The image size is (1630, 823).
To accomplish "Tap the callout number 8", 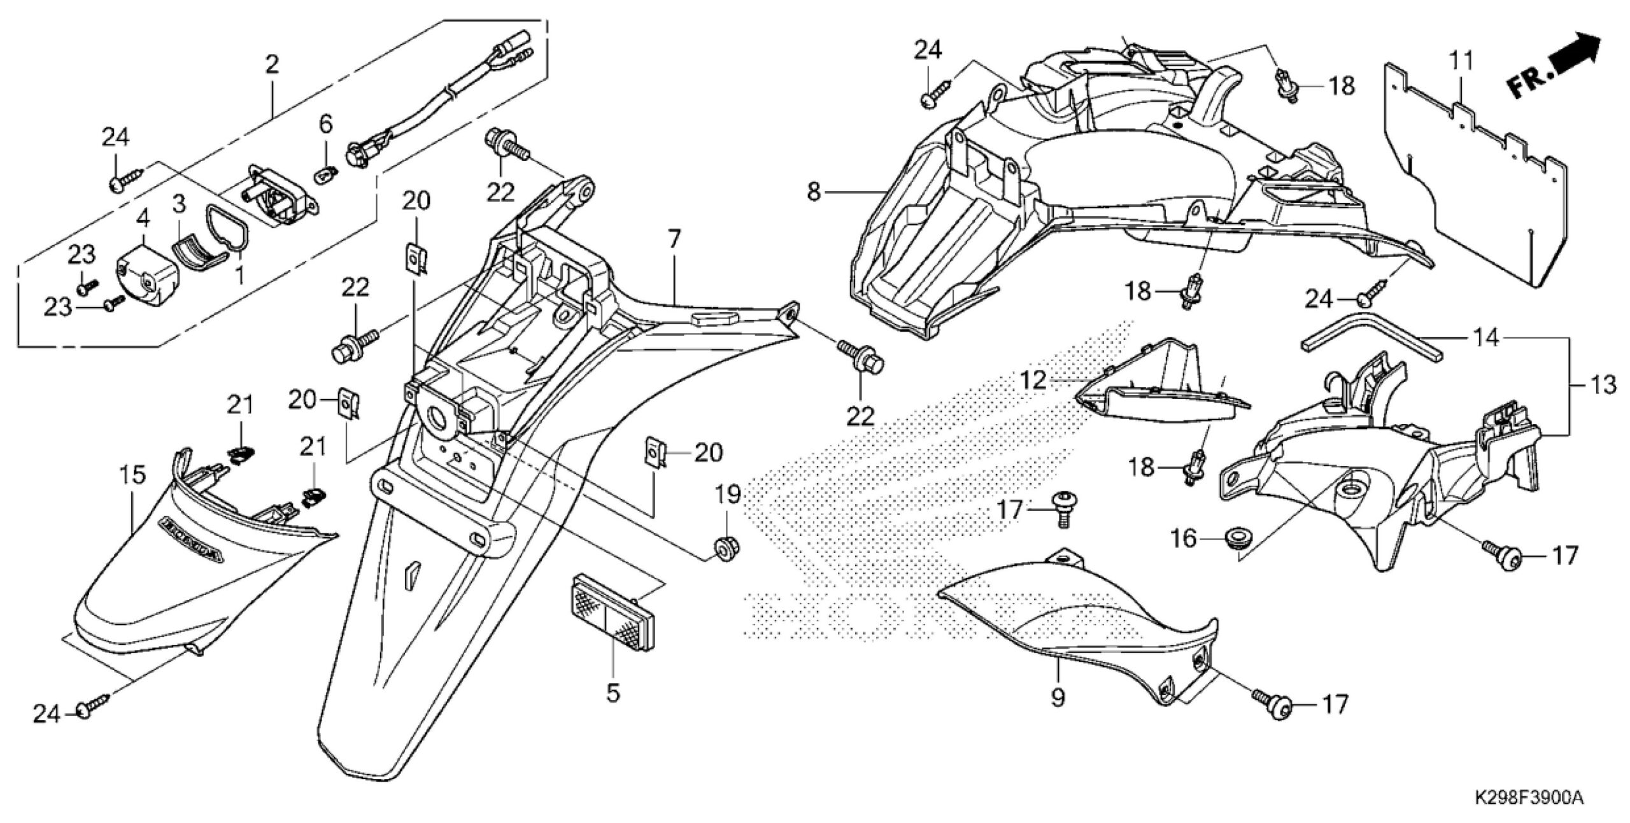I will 814,190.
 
